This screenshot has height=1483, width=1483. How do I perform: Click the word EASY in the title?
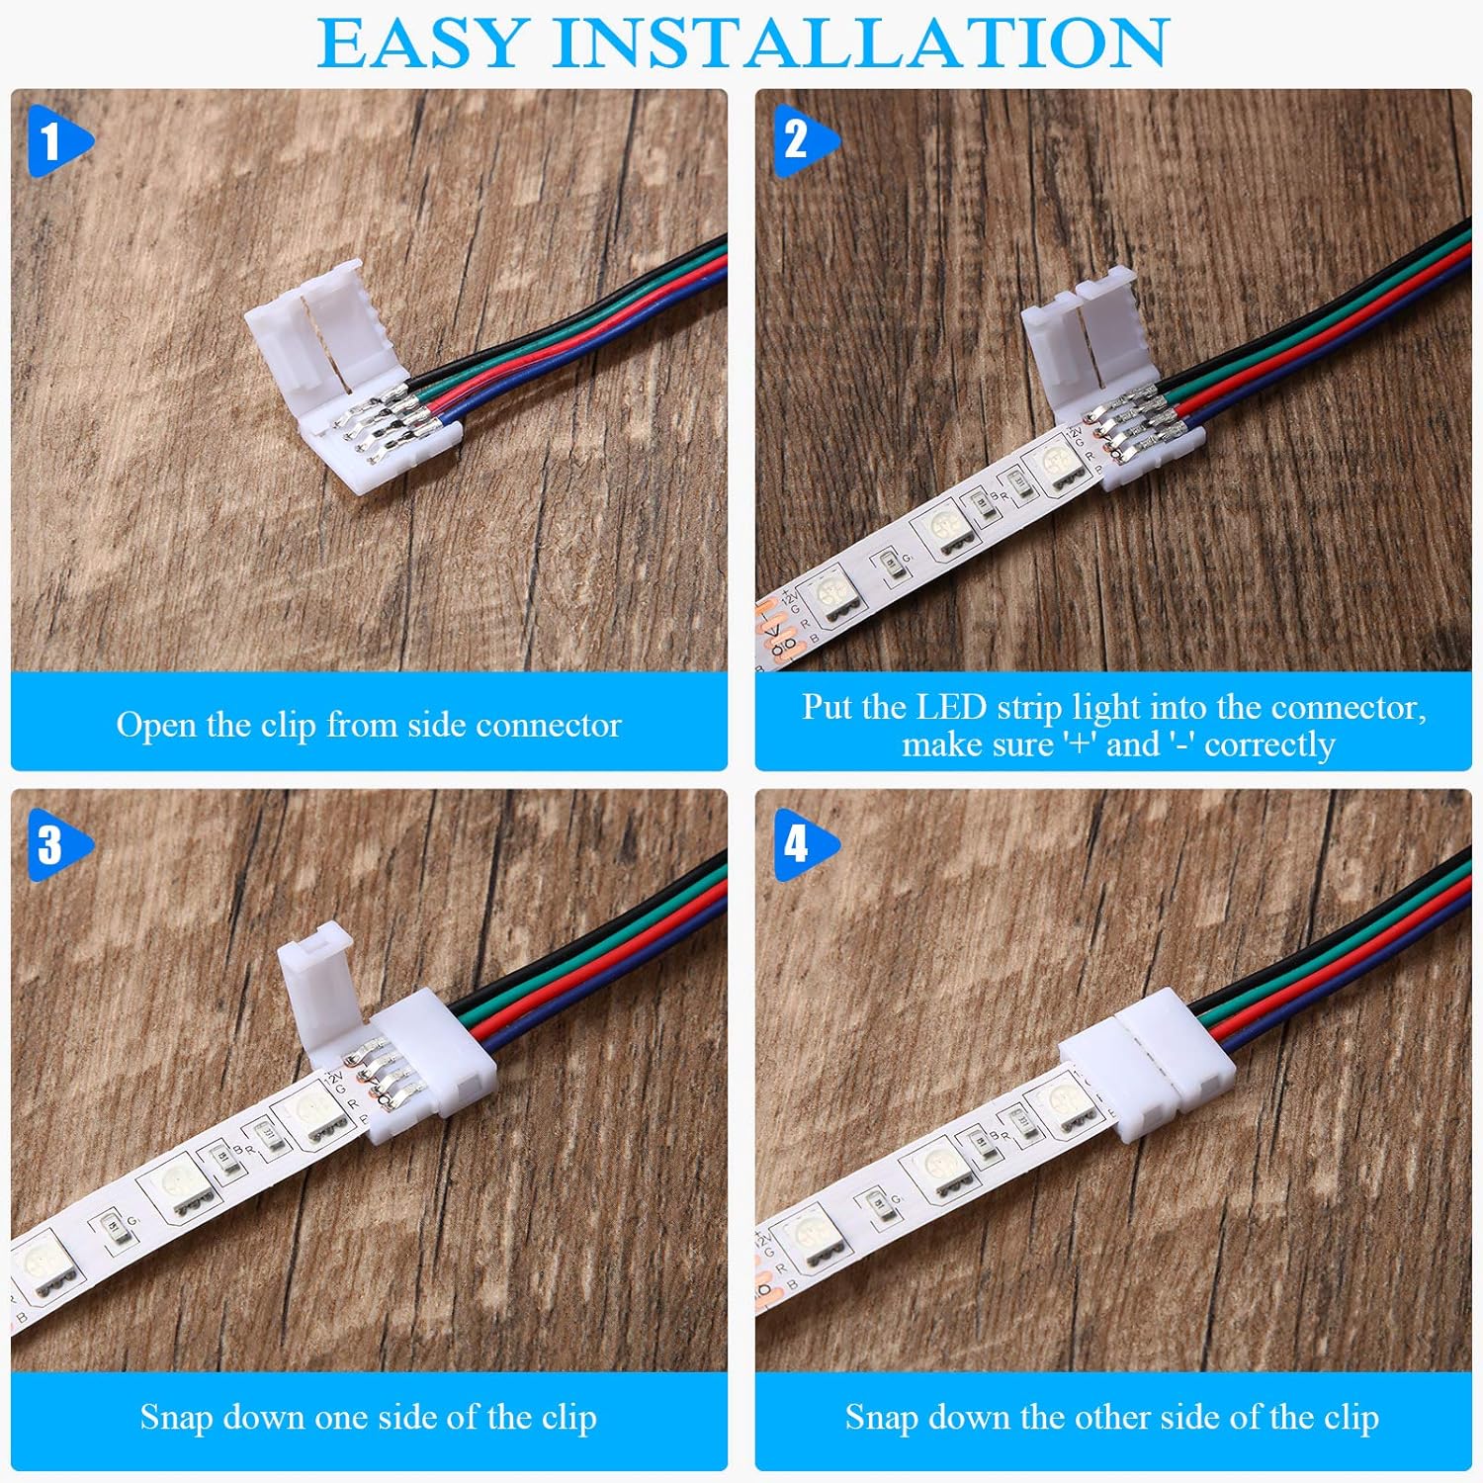422,44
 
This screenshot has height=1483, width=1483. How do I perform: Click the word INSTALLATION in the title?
861,44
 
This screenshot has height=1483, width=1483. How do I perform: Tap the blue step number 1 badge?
52,141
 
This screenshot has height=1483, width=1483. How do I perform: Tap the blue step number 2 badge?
797,141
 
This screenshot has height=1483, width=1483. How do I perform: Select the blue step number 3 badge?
52,845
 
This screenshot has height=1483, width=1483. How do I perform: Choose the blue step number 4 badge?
797,845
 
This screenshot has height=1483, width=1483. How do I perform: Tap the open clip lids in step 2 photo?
1088,336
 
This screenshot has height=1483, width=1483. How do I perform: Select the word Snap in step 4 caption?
880,1417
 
